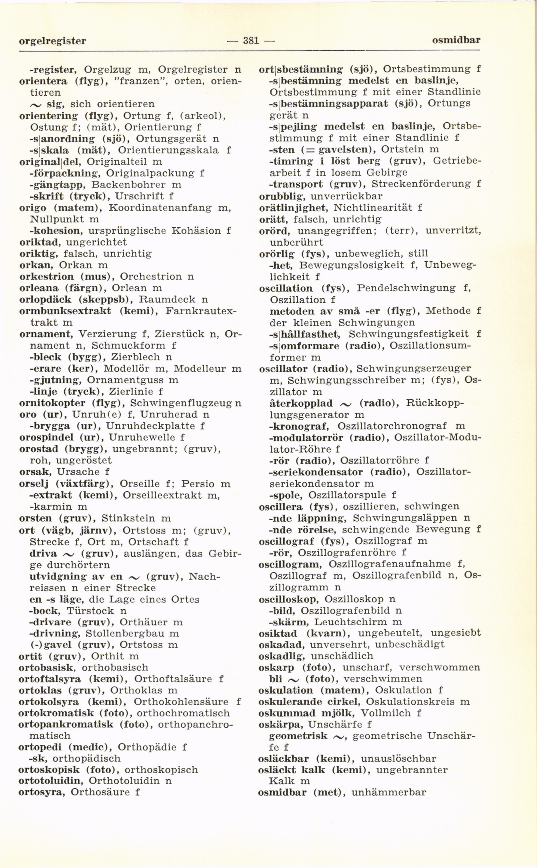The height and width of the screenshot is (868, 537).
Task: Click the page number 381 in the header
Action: (x=251, y=41)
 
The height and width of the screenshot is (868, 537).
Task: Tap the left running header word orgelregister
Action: (x=53, y=41)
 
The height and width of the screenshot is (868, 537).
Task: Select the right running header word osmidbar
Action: (x=456, y=40)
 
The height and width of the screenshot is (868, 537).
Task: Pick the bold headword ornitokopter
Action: (x=52, y=403)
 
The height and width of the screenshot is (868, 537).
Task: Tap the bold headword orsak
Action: (x=35, y=472)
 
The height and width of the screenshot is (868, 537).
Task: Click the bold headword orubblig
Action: (x=282, y=196)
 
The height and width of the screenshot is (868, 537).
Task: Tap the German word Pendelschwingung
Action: (x=406, y=288)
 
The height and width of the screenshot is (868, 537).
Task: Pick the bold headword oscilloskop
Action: (x=288, y=599)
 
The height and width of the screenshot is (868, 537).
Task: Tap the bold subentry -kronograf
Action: (x=299, y=426)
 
